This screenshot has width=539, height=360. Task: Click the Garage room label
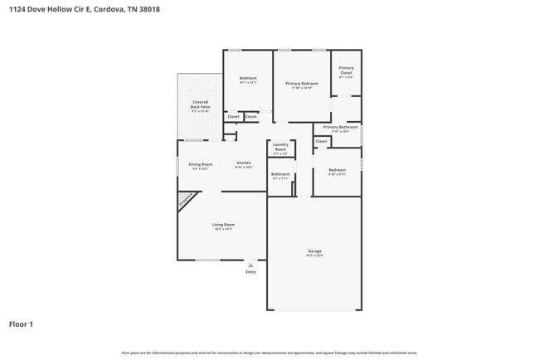click(x=314, y=251)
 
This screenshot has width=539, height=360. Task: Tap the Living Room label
click(x=223, y=225)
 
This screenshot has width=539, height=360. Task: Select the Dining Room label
click(x=200, y=164)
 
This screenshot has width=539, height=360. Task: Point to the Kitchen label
click(x=244, y=163)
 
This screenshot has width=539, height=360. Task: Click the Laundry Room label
click(x=279, y=147)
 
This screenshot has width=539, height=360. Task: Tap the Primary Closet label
click(x=346, y=71)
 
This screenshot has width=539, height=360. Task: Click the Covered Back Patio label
click(x=199, y=105)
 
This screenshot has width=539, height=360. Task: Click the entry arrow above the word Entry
click(x=250, y=265)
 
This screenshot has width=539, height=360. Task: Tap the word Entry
click(x=250, y=272)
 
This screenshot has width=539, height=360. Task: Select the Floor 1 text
click(x=22, y=324)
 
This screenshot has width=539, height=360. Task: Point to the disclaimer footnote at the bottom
click(x=269, y=353)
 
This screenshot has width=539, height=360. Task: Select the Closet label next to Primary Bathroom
click(x=322, y=141)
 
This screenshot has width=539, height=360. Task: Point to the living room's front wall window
click(x=207, y=260)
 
